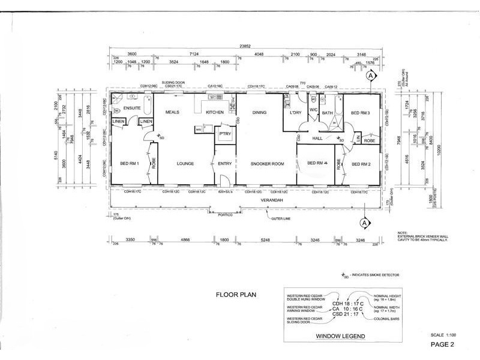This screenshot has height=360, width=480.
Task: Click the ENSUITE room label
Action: tap(132, 108)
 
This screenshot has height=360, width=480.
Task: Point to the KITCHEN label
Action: tap(215, 112)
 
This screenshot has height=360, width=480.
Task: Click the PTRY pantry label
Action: tap(225, 134)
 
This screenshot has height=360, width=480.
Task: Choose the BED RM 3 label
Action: tap(361, 113)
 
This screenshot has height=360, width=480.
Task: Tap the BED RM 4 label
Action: tap(317, 163)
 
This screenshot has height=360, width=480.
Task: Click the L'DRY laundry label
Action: tap(295, 112)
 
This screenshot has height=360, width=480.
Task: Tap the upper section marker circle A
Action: tap(371, 76)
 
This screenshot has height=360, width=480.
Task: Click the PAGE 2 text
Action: tap(443, 344)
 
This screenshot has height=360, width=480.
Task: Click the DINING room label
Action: tap(259, 112)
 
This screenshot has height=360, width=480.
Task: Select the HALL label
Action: tap(317, 139)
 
